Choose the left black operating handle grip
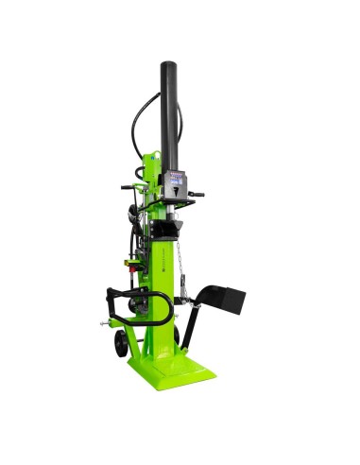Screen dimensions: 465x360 click(126, 187)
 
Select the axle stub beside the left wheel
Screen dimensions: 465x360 click(99, 328)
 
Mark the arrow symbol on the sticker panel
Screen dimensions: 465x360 click(176, 190)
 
